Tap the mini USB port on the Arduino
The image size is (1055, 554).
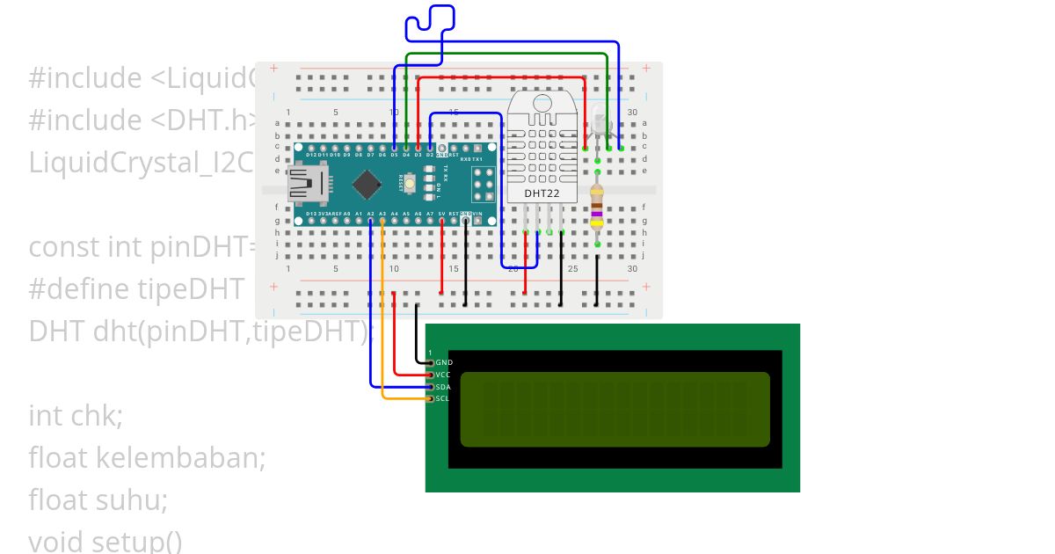pyautogui.click(x=308, y=185)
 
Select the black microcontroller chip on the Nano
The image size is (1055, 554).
pyautogui.click(x=366, y=184)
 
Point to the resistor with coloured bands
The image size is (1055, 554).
pyautogui.click(x=597, y=207)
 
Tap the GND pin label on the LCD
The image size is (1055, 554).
pyautogui.click(x=444, y=362)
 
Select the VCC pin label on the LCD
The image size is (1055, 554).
pyautogui.click(x=442, y=375)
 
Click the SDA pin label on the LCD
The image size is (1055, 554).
pyautogui.click(x=442, y=387)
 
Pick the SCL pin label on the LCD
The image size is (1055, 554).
pyautogui.click(x=442, y=398)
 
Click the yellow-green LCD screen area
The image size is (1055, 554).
pyautogui.click(x=615, y=409)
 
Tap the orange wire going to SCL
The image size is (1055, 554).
pyautogui.click(x=382, y=334)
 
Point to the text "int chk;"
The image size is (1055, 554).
pyautogui.click(x=76, y=415)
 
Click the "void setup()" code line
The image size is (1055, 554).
pyautogui.click(x=105, y=541)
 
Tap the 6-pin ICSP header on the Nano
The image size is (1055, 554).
pyautogui.click(x=482, y=185)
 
